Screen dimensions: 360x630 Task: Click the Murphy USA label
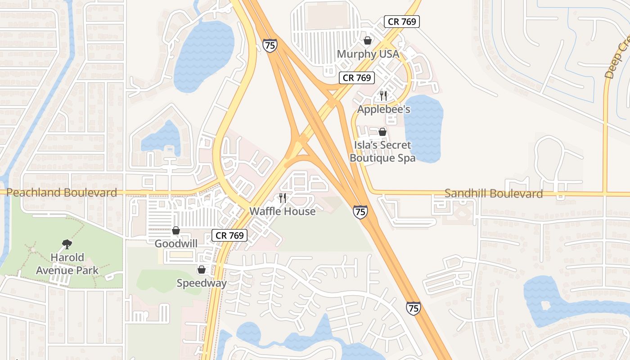[x=368, y=54]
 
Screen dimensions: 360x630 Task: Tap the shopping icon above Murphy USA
[x=368, y=41]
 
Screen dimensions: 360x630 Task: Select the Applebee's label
[x=384, y=109]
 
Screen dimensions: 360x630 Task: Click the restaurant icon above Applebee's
[x=383, y=95]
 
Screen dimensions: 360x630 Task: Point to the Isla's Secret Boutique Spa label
[x=382, y=152]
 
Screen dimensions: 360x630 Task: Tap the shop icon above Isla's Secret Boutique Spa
[x=382, y=132]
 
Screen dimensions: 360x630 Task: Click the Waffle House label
[x=283, y=211]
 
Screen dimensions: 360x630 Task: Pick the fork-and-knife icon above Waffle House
[x=283, y=198]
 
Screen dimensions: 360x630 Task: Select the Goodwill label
[x=176, y=243]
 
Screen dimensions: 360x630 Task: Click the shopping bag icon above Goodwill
[x=176, y=231]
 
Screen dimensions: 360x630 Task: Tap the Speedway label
[x=202, y=283]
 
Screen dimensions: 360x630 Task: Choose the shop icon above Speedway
[x=202, y=270]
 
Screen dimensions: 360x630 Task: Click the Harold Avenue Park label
[x=67, y=264]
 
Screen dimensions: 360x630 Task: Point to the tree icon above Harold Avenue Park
[x=67, y=244]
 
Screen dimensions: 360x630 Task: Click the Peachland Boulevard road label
[x=62, y=193]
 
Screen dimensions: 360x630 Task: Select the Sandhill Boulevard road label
[x=493, y=193]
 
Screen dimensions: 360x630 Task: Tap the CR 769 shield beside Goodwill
[x=229, y=235]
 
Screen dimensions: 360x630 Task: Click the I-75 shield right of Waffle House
[x=360, y=211]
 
